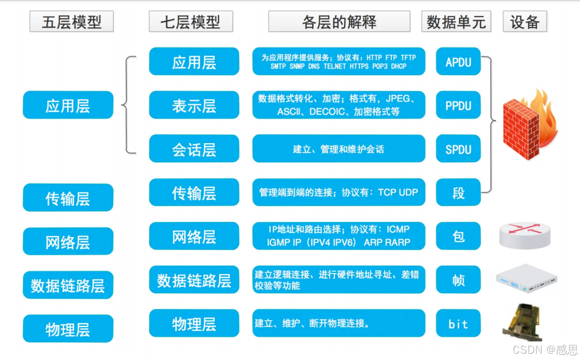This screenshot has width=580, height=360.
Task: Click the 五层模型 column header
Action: click(x=72, y=22)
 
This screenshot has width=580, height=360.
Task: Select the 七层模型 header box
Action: click(x=191, y=22)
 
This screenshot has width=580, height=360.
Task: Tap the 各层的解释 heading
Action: click(x=339, y=22)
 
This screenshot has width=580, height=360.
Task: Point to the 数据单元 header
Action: click(x=456, y=22)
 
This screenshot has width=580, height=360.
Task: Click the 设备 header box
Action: click(x=525, y=22)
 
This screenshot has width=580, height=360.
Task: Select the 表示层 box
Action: click(x=194, y=105)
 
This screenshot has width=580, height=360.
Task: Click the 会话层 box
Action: click(x=194, y=149)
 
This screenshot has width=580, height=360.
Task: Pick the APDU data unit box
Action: click(x=458, y=62)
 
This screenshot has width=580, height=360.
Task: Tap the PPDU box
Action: click(x=458, y=105)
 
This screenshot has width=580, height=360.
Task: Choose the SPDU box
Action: click(x=458, y=149)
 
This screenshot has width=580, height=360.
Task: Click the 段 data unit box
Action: click(x=458, y=192)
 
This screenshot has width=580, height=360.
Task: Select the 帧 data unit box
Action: click(x=458, y=280)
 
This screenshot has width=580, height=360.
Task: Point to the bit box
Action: click(x=458, y=324)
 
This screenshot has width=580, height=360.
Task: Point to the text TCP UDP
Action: click(x=398, y=192)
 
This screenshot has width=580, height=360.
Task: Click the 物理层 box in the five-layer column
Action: click(x=68, y=329)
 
